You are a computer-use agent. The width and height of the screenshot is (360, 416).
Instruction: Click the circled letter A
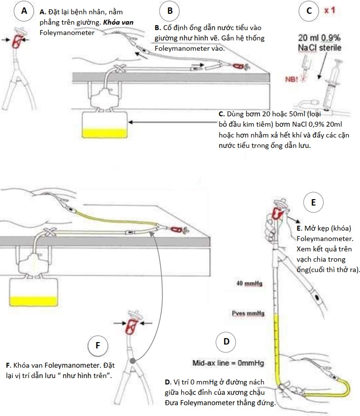[x=23, y=11]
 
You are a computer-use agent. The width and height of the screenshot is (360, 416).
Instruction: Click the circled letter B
[x=170, y=11]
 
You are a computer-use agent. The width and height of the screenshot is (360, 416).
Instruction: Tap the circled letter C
[x=308, y=11]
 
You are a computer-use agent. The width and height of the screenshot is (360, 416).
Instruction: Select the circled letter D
[x=226, y=341]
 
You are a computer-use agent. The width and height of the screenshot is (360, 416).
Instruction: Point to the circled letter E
[x=314, y=202]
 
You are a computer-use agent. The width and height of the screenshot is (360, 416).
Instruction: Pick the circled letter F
[x=98, y=345]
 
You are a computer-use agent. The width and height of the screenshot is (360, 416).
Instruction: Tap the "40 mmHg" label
[x=249, y=285]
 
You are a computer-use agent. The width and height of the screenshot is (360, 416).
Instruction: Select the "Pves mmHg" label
[x=248, y=313]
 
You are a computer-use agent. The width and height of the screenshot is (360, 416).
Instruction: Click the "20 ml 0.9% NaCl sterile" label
[x=320, y=43]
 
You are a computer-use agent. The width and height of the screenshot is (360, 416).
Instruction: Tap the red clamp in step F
[x=131, y=326]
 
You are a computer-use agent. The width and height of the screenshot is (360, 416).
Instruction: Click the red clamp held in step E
[x=276, y=213]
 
